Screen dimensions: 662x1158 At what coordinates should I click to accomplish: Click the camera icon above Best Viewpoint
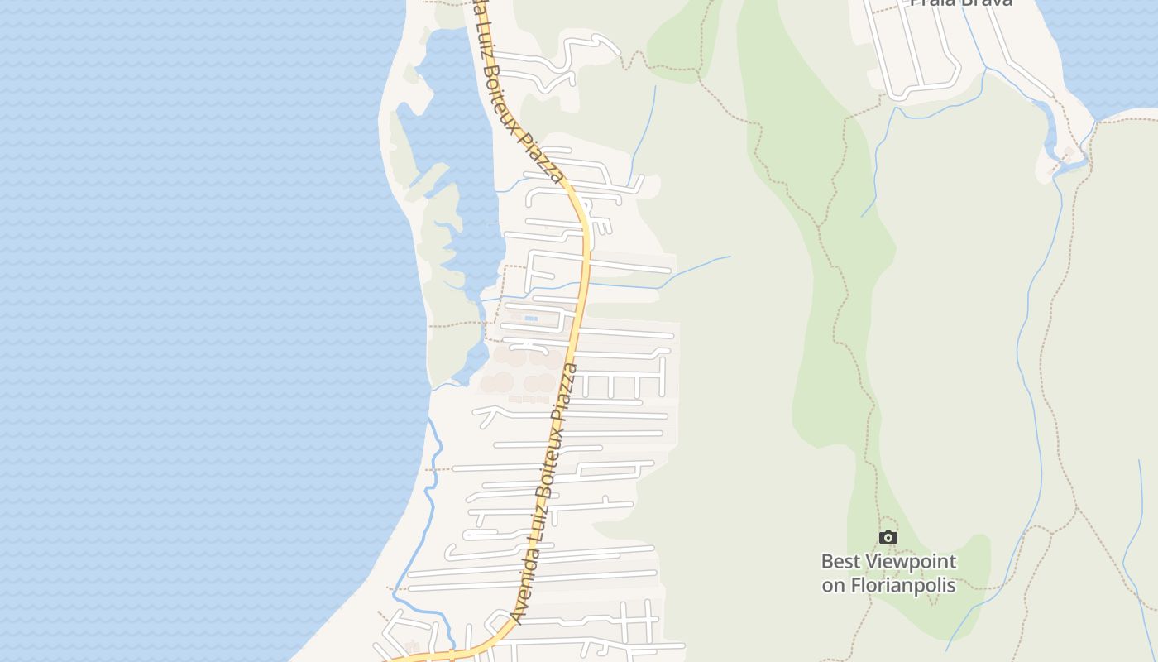(888, 538)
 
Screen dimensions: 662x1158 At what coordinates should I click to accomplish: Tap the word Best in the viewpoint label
(839, 561)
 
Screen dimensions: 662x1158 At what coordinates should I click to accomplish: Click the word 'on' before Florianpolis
(833, 586)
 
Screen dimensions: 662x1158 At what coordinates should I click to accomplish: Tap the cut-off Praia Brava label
(961, 3)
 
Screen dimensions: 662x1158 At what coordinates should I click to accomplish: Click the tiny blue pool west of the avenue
(530, 318)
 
